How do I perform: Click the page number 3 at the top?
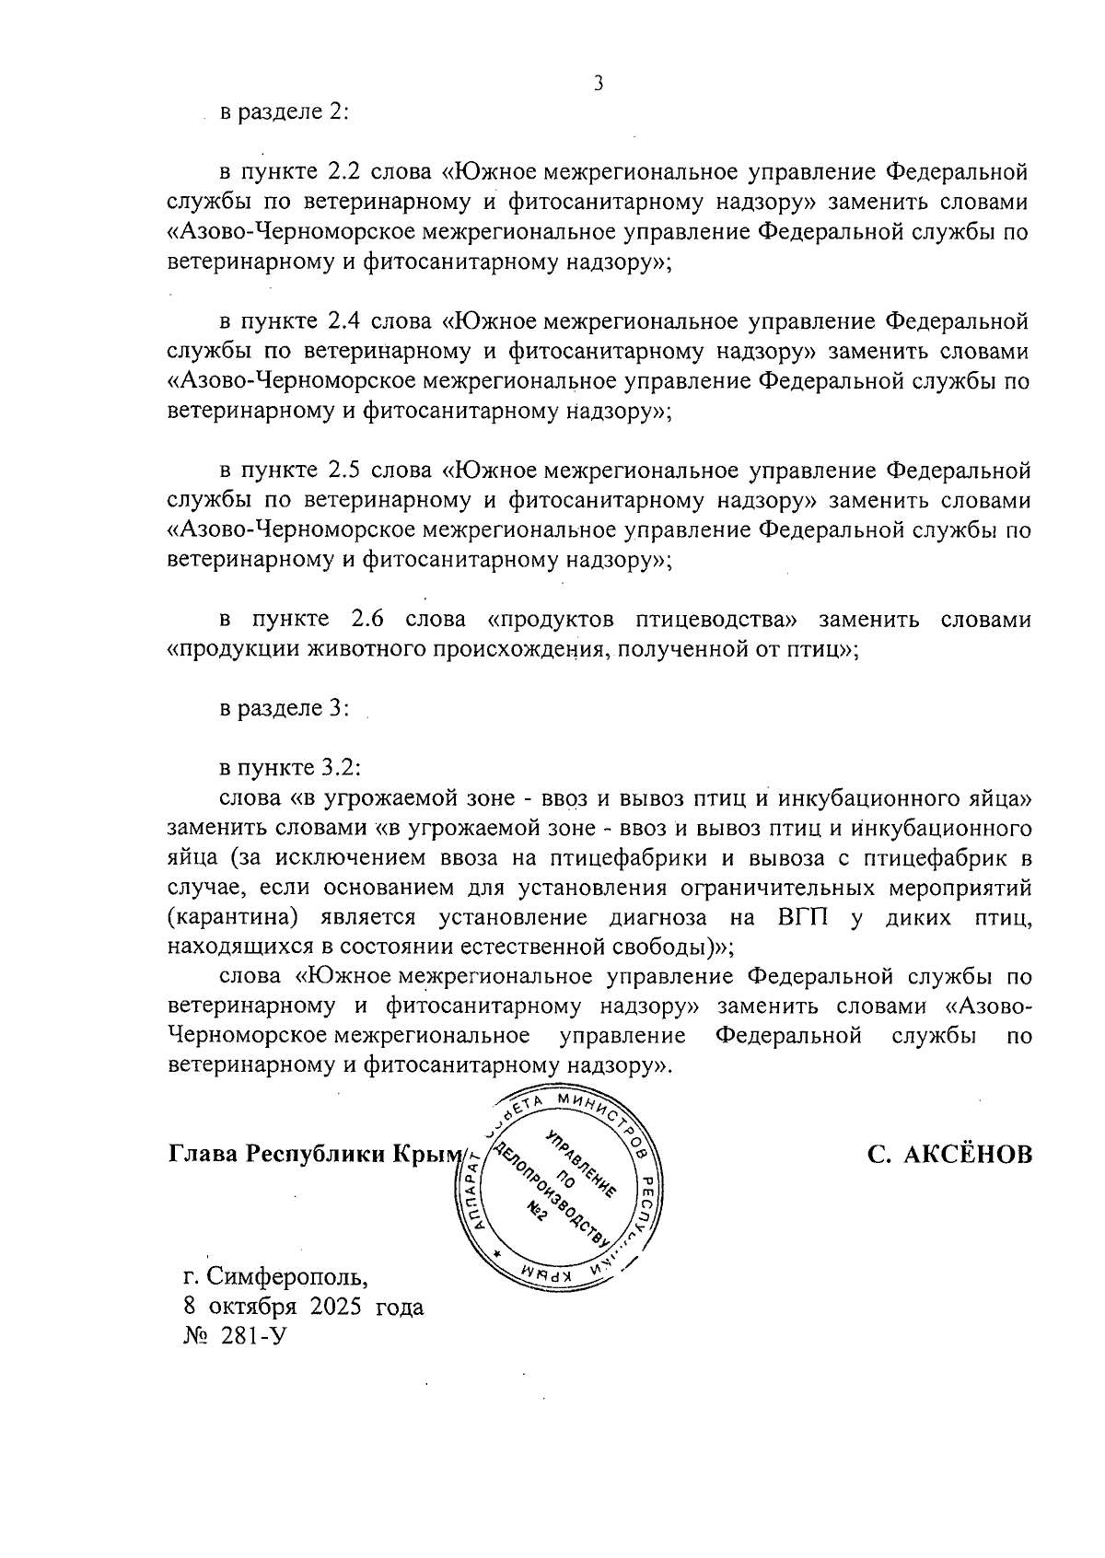click(x=599, y=85)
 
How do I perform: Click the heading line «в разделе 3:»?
click(x=284, y=709)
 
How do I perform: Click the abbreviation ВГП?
click(x=802, y=918)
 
